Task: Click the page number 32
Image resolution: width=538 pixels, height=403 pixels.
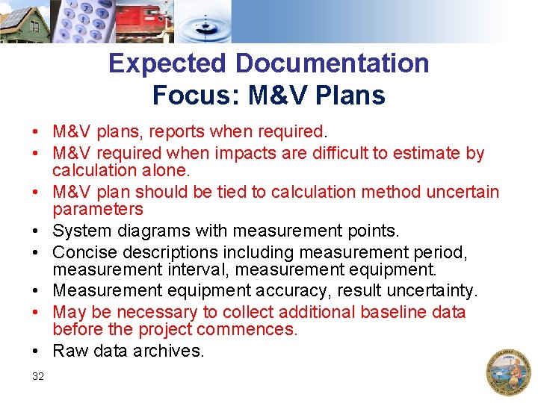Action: point(38,376)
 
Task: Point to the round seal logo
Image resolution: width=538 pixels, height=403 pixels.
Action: point(508,372)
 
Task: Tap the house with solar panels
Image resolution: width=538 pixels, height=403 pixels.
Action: point(24,22)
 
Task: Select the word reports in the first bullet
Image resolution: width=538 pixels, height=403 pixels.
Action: point(178,132)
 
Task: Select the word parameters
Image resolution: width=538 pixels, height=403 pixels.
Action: point(97,209)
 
